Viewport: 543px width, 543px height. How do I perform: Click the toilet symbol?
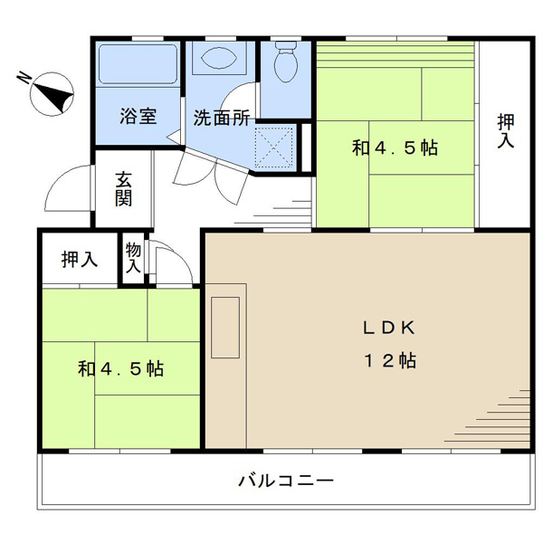click(x=286, y=62)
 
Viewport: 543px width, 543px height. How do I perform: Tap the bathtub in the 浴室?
click(x=138, y=64)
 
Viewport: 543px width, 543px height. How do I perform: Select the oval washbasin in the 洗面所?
click(x=219, y=58)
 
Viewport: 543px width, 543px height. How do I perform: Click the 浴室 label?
click(x=138, y=117)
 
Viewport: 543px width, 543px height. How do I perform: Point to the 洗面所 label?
click(x=222, y=118)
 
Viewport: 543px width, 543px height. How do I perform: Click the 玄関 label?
click(x=123, y=189)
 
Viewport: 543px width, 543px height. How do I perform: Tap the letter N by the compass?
click(x=24, y=78)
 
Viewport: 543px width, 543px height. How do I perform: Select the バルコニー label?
click(x=286, y=481)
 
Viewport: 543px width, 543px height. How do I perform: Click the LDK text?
click(x=388, y=328)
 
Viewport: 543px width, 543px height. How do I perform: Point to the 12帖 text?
click(x=389, y=360)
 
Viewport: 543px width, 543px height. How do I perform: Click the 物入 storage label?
click(x=133, y=258)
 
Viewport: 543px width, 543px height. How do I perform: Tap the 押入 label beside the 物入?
click(x=80, y=259)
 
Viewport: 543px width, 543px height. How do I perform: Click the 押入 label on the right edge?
click(x=506, y=130)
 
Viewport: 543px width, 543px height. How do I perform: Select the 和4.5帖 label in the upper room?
click(x=395, y=148)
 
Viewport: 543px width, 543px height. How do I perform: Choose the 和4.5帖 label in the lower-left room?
click(x=120, y=368)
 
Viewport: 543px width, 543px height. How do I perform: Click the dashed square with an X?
click(x=273, y=147)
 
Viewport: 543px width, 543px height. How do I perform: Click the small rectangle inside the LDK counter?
click(x=225, y=328)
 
